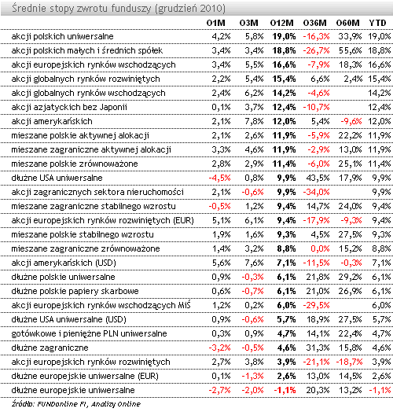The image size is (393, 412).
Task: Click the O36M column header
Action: [314, 23]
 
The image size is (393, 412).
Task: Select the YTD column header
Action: [377, 23]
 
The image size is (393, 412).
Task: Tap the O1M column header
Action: [215, 23]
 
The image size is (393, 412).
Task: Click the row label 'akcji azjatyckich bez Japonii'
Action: [69, 107]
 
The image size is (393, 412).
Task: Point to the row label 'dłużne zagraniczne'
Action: [50, 348]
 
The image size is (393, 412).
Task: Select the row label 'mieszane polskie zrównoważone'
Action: [75, 164]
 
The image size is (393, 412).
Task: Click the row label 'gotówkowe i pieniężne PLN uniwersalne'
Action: [89, 333]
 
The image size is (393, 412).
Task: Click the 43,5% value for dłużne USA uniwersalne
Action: [318, 178]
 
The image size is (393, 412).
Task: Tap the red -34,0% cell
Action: [316, 192]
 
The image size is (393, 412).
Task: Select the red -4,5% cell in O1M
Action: [219, 178]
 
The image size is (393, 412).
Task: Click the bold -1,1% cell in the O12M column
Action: [285, 391]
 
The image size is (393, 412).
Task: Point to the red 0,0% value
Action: [320, 248]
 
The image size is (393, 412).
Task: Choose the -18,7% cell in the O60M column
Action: [349, 362]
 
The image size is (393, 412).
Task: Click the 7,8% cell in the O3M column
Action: [254, 121]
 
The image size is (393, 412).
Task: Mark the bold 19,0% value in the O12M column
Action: [284, 36]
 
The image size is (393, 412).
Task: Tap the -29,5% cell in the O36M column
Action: [316, 305]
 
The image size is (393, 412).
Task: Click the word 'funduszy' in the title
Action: [131, 9]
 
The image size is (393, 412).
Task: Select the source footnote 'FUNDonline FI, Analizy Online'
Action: [89, 404]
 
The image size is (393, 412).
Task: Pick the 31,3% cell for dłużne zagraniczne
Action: [318, 348]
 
